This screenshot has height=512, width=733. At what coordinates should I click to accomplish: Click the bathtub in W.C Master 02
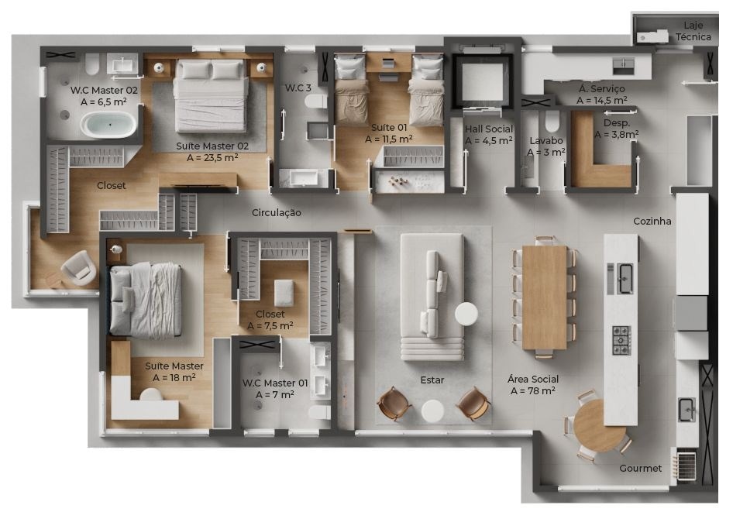(109, 125)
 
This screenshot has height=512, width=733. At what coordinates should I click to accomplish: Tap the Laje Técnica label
(693, 31)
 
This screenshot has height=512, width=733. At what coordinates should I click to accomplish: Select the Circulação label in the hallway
(277, 212)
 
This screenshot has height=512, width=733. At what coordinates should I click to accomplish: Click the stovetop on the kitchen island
(621, 340)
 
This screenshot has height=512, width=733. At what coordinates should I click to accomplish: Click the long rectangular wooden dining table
(545, 297)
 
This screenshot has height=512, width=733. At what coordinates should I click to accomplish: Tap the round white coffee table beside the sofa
(466, 314)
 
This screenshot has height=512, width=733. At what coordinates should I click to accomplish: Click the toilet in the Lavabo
(552, 122)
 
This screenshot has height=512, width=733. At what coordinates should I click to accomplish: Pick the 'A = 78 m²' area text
(533, 390)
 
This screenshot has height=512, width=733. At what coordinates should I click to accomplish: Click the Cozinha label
(652, 222)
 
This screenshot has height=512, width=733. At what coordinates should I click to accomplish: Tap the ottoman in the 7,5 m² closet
(284, 294)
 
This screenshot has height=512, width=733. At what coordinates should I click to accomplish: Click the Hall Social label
(488, 129)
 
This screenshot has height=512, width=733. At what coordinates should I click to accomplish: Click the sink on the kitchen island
(625, 278)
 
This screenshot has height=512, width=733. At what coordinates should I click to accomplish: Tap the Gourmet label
(641, 468)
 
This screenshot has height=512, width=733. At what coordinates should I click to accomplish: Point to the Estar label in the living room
(432, 380)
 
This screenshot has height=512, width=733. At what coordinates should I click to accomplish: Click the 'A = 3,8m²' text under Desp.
(617, 135)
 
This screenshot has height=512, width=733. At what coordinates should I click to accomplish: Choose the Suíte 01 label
(389, 128)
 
